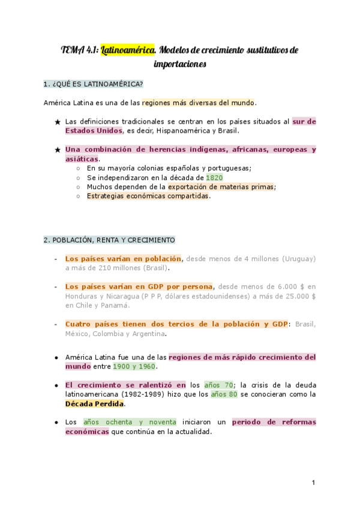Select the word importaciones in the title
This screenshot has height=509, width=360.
tap(180, 63)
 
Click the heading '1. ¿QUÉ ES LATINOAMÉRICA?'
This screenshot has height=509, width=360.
tap(93, 83)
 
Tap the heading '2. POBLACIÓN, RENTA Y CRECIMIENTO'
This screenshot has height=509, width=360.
tap(109, 240)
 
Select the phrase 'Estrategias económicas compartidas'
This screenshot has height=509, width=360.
tap(148, 196)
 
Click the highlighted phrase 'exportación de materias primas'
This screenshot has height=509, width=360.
tap(220, 187)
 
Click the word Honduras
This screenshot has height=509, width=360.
tap(81, 296)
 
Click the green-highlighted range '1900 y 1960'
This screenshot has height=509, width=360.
tap(136, 366)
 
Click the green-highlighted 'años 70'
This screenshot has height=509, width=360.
tap(219, 385)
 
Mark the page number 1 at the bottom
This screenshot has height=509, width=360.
tap(313, 483)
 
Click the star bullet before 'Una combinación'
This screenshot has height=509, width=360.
tap(58, 150)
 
